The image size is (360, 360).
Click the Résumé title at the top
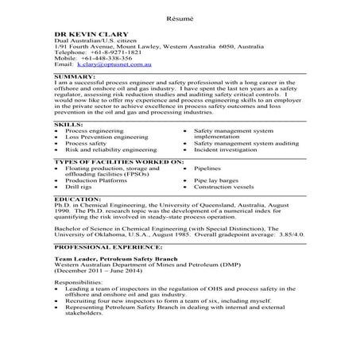click(x=180, y=17)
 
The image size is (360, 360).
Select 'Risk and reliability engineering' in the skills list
click(x=112, y=148)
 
